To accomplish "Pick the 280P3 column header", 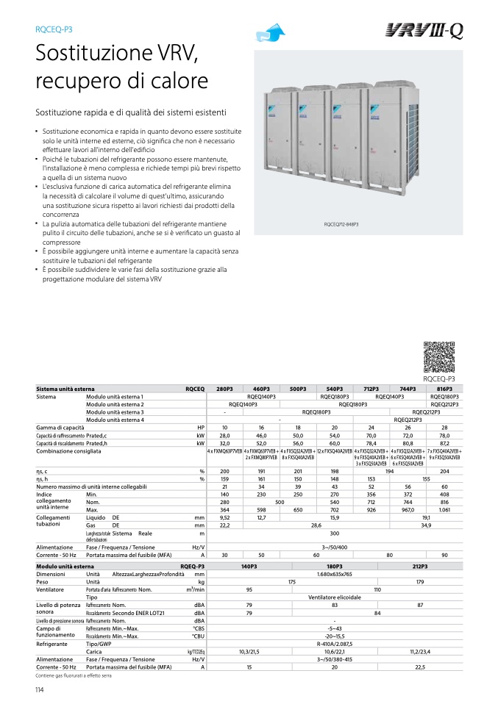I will point(224,388).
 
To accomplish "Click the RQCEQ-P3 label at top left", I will point(54,30).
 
